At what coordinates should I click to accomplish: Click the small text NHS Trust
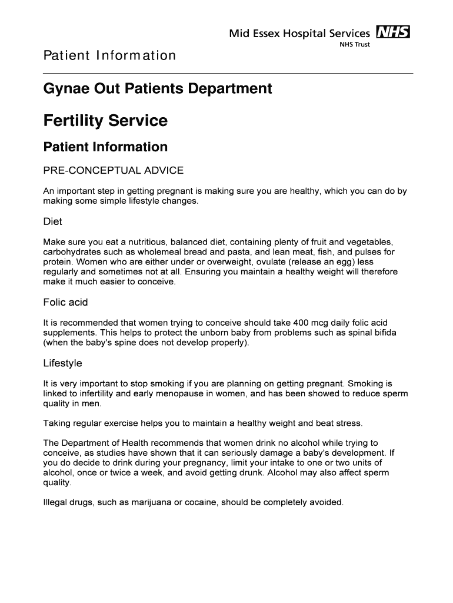355,45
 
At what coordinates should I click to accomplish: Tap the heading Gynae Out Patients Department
158,89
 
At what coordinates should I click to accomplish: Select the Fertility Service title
105,121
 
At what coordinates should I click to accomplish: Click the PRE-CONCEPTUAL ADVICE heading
114,171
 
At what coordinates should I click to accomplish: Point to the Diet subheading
53,222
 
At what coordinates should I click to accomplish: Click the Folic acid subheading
65,303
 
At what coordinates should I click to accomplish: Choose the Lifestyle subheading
62,363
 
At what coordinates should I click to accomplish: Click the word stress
350,423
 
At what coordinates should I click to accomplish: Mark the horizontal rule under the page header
228,73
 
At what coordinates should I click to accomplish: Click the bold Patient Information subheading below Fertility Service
105,147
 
